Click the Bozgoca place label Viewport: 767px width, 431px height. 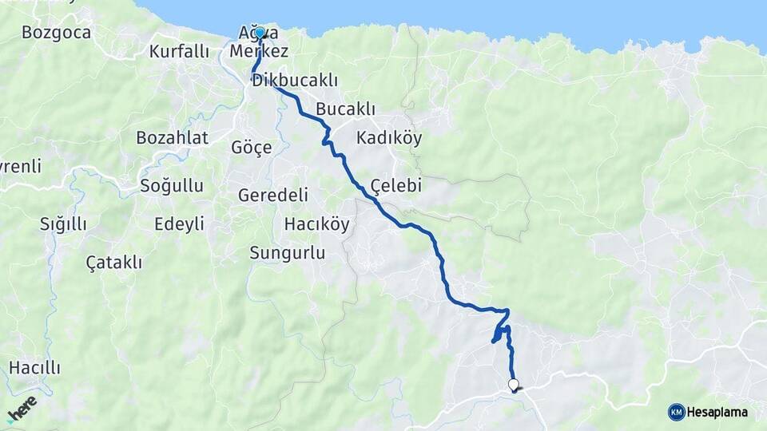point(56,33)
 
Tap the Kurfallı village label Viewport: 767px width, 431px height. point(179,52)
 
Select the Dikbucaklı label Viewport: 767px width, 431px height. point(295,81)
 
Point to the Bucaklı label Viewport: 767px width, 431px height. point(345,109)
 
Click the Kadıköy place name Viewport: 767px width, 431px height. point(389,137)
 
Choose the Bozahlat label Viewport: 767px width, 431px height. point(172,137)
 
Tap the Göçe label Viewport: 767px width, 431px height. point(251,148)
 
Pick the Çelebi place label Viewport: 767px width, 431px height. point(395,186)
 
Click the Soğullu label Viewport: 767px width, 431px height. point(171,186)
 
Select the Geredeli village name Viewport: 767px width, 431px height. point(273,196)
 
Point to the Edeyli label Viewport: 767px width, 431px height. point(179,223)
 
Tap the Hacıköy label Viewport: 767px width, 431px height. point(317,224)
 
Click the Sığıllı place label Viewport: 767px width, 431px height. point(63,224)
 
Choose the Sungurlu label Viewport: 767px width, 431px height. point(288,253)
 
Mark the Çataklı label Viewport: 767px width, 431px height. point(113,262)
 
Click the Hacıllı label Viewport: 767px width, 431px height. point(34,368)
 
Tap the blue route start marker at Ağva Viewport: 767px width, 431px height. point(260,33)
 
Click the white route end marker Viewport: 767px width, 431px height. point(513,384)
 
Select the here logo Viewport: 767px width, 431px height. point(22,409)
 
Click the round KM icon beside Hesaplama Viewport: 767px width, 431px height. point(676,412)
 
